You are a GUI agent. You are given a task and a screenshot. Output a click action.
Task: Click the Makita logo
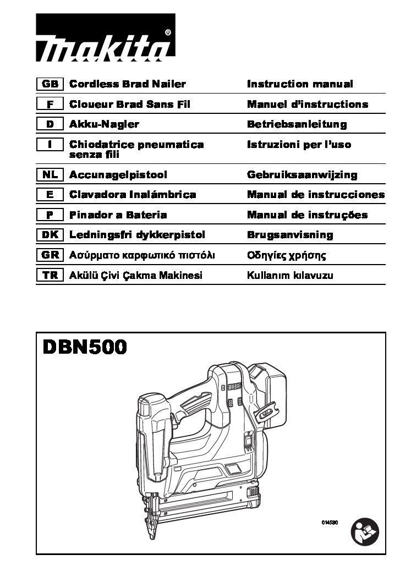click(x=106, y=37)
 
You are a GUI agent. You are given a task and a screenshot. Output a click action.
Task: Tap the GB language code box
click(x=50, y=84)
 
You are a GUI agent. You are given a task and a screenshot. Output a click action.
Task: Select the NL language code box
click(x=50, y=174)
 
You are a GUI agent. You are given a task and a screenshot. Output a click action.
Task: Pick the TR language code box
click(x=50, y=275)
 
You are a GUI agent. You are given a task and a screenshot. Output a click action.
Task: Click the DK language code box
click(x=50, y=234)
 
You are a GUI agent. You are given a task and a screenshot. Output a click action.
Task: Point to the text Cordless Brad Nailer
click(x=127, y=84)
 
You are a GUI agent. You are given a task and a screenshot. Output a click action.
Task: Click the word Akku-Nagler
click(x=104, y=124)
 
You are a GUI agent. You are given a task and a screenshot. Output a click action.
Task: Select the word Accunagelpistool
click(x=118, y=175)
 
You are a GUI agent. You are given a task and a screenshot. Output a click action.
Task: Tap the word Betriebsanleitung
click(x=297, y=124)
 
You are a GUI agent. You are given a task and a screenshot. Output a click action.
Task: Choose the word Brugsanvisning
click(x=290, y=235)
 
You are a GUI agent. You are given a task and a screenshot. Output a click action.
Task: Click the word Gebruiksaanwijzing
click(x=302, y=175)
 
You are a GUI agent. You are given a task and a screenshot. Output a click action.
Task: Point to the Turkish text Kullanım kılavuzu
click(x=290, y=276)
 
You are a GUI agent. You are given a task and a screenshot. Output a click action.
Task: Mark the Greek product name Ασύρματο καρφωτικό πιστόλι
click(x=142, y=255)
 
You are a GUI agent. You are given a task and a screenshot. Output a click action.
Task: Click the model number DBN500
click(x=85, y=348)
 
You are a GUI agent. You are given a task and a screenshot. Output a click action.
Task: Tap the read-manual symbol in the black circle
click(x=365, y=532)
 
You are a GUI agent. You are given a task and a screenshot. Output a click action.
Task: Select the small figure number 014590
click(x=330, y=523)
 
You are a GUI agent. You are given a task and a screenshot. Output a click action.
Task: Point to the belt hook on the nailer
click(x=267, y=411)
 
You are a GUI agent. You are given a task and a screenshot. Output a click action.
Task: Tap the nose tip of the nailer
click(x=152, y=536)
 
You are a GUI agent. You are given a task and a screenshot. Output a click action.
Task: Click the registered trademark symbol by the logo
click(x=168, y=32)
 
